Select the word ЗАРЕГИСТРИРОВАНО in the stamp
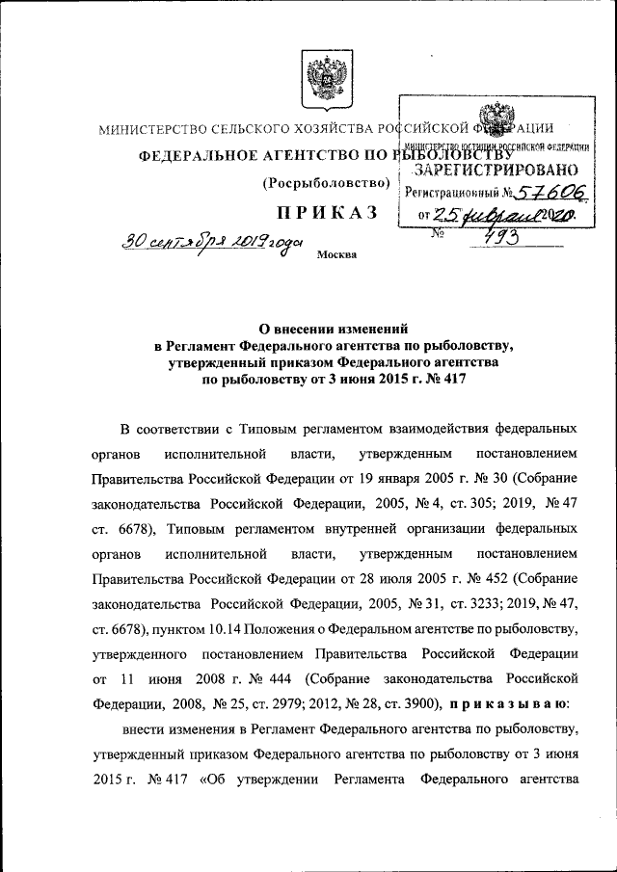pyautogui.click(x=496, y=170)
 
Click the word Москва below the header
pyautogui.click(x=335, y=254)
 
